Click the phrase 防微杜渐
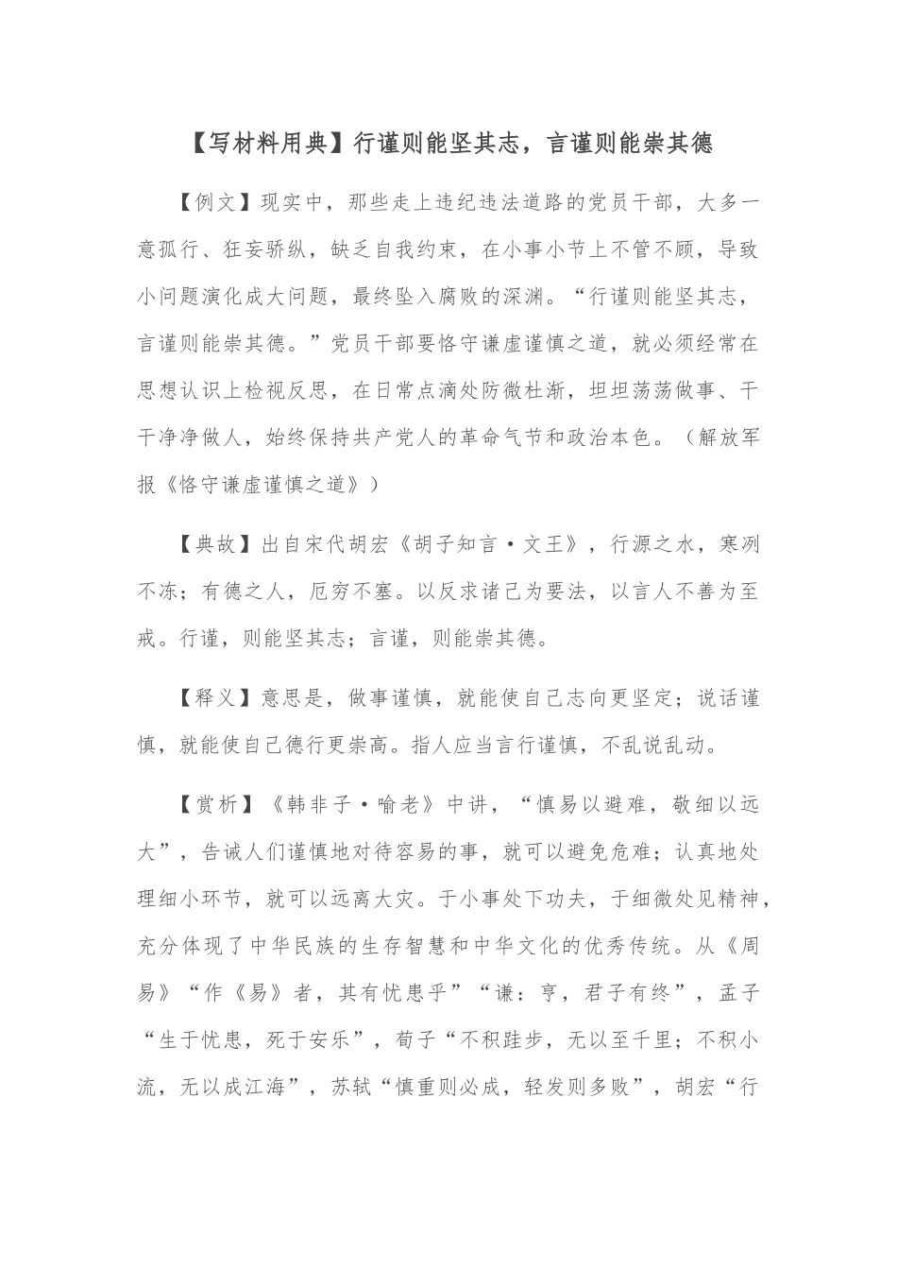point(526,391)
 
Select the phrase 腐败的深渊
point(491,297)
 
